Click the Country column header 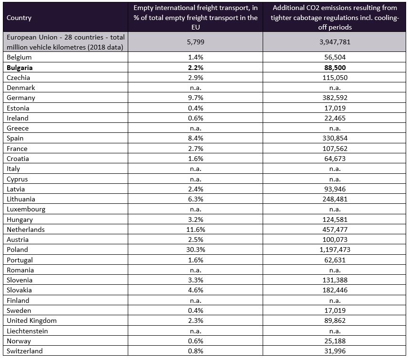19,18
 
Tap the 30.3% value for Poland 195,250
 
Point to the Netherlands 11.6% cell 195,230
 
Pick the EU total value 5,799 195,42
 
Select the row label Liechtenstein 27,331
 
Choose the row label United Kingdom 31,320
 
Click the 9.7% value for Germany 195,98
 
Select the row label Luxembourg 26,209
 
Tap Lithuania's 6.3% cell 195,199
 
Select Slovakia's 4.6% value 195,290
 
